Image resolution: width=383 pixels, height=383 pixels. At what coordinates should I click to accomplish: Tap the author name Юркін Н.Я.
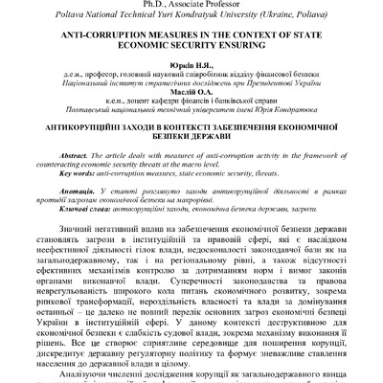coord(191,62)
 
